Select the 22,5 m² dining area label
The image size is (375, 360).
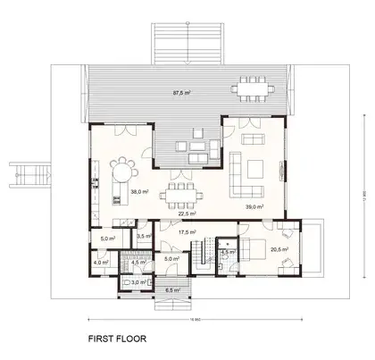(185, 213)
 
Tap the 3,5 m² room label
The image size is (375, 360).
(143, 237)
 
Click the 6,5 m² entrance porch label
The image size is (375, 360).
(172, 289)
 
